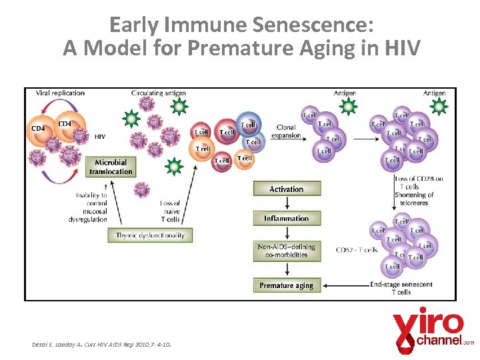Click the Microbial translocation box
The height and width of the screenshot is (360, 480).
tap(111, 167)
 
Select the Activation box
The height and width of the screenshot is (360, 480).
tap(287, 189)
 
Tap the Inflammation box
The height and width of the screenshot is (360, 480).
tap(287, 218)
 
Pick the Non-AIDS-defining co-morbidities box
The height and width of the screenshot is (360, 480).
tap(287, 251)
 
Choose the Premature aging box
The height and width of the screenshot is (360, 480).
tap(287, 285)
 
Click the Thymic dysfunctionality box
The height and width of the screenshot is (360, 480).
tap(150, 235)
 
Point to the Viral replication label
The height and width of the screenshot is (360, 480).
tap(60, 93)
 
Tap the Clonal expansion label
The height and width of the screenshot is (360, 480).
tap(286, 131)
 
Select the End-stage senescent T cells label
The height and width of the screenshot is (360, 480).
tap(401, 288)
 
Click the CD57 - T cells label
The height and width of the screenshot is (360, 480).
tap(357, 250)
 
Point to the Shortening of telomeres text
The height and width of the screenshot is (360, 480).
tap(414, 199)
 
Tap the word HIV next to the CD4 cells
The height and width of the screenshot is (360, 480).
tap(100, 136)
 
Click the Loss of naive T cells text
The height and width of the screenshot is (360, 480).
tap(170, 211)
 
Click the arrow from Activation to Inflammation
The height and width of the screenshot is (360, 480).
tap(287, 203)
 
